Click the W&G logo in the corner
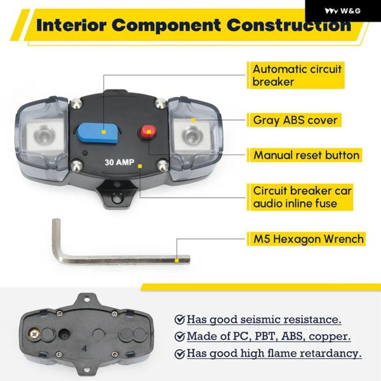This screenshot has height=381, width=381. click(342, 10)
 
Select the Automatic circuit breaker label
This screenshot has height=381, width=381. click(298, 76)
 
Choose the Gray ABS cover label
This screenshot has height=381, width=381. click(295, 119)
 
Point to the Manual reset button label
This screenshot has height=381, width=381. click(306, 155)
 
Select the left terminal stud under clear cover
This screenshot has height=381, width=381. click(44, 134)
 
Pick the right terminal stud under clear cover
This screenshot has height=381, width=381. click(190, 134)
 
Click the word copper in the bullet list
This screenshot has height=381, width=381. click(331, 337)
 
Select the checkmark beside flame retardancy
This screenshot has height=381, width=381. click(180, 354)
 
